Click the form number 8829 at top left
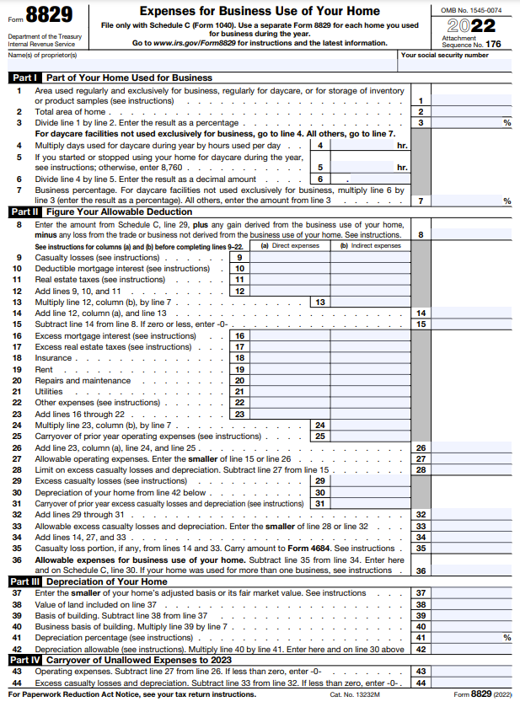[48, 16]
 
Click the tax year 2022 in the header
[471, 25]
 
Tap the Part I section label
[22, 78]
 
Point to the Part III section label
[24, 581]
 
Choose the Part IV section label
[24, 660]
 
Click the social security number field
[455, 65]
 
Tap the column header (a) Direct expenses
[290, 246]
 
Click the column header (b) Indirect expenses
[370, 246]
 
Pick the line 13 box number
[320, 302]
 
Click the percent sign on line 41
[507, 638]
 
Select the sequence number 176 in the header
[493, 44]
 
